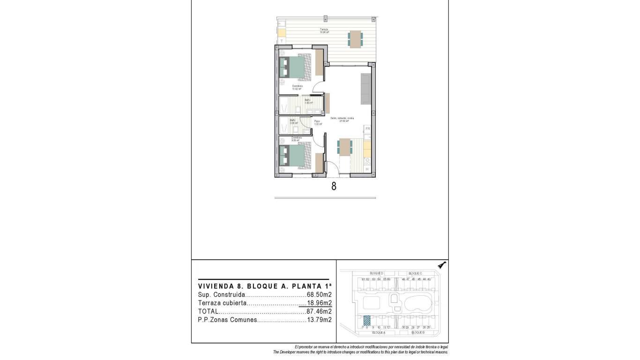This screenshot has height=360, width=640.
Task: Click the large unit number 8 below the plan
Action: [334, 186]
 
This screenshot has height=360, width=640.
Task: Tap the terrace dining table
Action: [355, 39]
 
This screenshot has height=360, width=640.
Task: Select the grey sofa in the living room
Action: [366, 89]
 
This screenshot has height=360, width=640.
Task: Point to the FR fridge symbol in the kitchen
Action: [368, 128]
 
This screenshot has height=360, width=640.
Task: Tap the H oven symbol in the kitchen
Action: [367, 169]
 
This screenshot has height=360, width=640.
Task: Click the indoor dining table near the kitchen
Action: [345, 147]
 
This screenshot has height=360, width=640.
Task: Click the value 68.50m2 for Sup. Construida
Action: [319, 295]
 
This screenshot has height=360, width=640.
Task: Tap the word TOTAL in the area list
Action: [208, 311]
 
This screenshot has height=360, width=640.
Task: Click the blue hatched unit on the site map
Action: [367, 321]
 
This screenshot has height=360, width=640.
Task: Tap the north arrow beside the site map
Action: [441, 265]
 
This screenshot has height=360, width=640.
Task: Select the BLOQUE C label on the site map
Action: [415, 273]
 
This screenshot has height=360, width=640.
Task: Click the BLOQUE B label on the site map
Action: [417, 332]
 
